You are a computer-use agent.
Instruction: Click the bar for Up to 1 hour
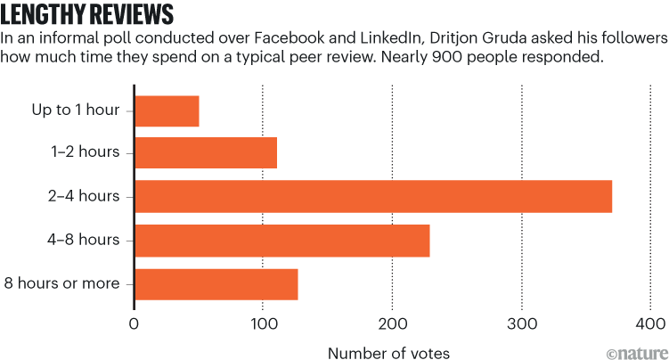[x=167, y=110]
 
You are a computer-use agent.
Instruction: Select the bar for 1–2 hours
[x=206, y=152]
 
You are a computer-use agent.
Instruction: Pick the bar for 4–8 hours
[x=281, y=240]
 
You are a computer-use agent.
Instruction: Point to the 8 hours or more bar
[x=216, y=283]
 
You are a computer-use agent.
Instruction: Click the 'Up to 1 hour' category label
[x=76, y=110]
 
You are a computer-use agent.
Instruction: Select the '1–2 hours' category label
[x=87, y=152]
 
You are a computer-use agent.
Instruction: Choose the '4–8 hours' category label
[x=87, y=240]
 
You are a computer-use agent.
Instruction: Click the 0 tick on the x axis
[x=135, y=324]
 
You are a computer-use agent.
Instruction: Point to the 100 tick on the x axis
[x=263, y=324]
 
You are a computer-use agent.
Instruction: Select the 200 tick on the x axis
[x=392, y=324]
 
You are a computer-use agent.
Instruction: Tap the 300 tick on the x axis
[x=521, y=324]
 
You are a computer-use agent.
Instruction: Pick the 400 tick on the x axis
[x=649, y=324]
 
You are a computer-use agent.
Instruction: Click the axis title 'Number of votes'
[x=388, y=352]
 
